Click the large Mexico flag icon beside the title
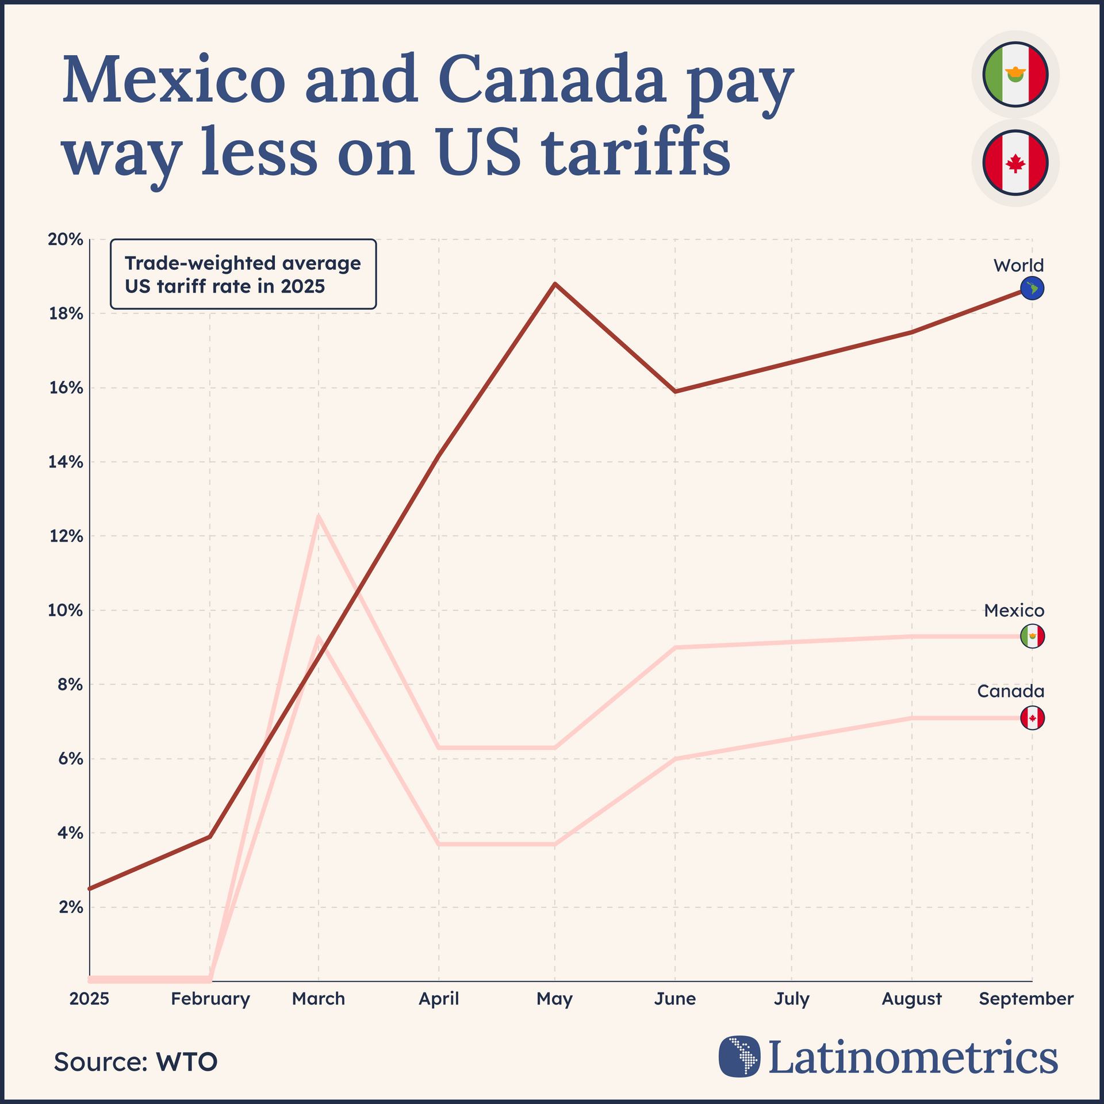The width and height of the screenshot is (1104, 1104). [x=1015, y=74]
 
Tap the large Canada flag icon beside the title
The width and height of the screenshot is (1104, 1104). [x=1015, y=163]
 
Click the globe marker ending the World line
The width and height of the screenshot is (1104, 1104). [x=1032, y=288]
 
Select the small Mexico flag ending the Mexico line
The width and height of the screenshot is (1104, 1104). [x=1032, y=636]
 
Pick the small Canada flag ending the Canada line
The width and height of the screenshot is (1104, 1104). [x=1032, y=718]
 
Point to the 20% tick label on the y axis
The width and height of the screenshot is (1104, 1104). [x=65, y=239]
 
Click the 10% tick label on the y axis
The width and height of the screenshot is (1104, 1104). [x=65, y=610]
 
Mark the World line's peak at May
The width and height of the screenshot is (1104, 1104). [x=555, y=283]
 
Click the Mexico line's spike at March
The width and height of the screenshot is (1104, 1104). [x=319, y=516]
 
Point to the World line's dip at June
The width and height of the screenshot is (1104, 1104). [x=675, y=392]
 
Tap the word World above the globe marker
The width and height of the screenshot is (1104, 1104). [x=1018, y=265]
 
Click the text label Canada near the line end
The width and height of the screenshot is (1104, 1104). [x=1010, y=691]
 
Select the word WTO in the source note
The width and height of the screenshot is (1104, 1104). [x=186, y=1062]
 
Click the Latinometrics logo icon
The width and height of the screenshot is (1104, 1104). [x=739, y=1056]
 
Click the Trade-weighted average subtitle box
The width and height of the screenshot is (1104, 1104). [x=243, y=274]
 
